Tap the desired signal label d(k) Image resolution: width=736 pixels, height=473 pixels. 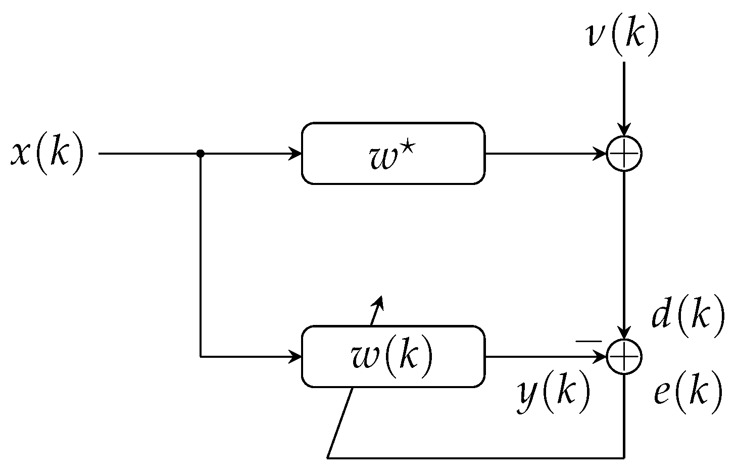click(688, 317)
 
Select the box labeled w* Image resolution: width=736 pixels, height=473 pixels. click(393, 153)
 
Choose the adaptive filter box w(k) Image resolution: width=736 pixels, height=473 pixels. click(393, 356)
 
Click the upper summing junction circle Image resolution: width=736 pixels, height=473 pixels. click(624, 153)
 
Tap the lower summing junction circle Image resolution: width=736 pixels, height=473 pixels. click(624, 357)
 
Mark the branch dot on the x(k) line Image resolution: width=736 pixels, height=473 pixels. click(201, 153)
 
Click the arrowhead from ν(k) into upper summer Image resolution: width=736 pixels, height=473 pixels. click(624, 130)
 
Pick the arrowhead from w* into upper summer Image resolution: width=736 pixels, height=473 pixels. click(601, 153)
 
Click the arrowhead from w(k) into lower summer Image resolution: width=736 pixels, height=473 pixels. click(601, 357)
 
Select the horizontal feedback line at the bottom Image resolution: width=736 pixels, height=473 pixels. click(475, 458)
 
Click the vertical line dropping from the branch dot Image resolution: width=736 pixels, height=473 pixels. click(201, 253)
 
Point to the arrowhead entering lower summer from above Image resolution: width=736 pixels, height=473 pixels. click(624, 334)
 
